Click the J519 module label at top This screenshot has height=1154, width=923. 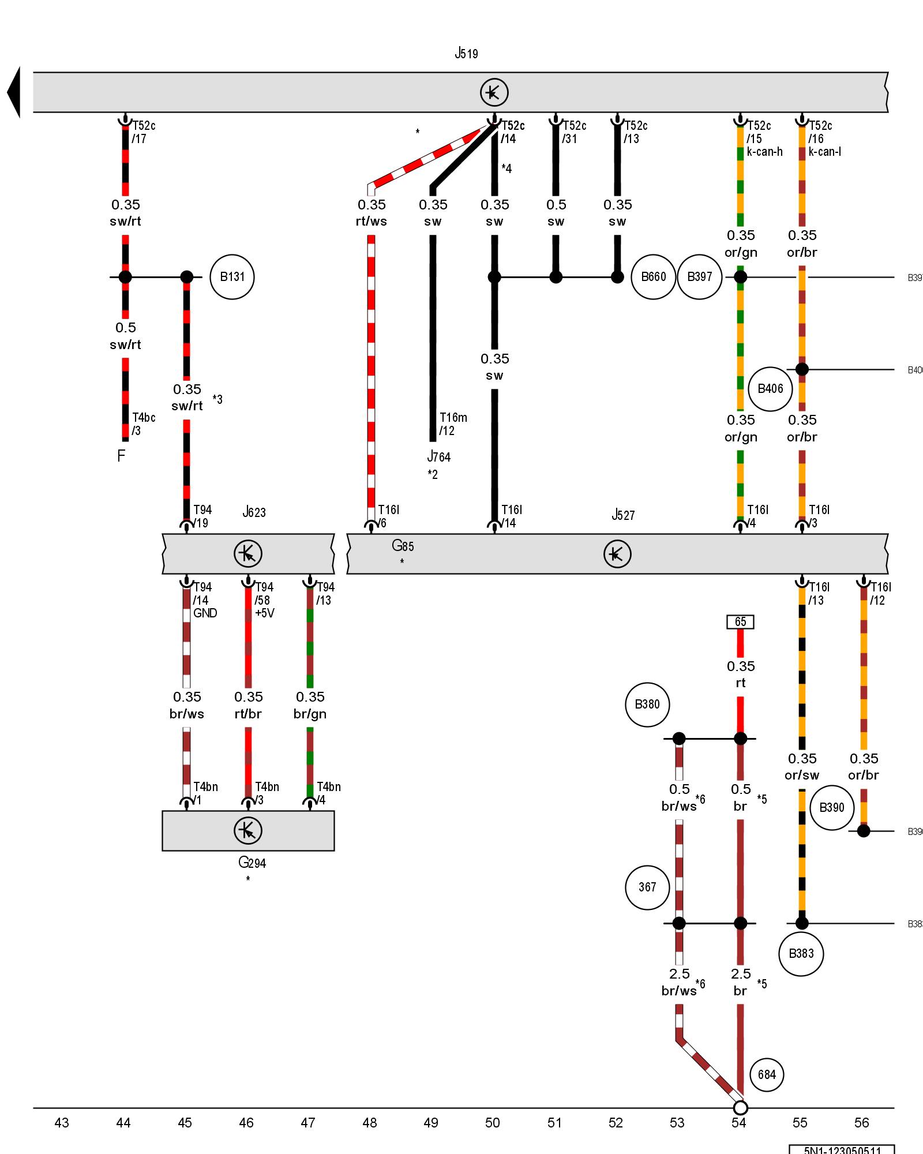(x=466, y=54)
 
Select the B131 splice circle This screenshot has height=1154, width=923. (x=232, y=277)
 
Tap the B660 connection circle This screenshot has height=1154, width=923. (x=653, y=277)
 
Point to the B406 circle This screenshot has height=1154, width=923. (x=770, y=389)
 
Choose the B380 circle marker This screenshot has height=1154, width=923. (x=647, y=705)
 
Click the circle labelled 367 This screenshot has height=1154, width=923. (x=647, y=887)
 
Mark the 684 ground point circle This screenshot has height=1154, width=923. (x=767, y=1074)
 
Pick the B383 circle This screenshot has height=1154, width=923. (x=801, y=954)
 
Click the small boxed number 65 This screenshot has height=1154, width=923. (x=740, y=621)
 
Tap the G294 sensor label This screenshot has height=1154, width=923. (x=252, y=863)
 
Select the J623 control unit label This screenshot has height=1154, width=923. (x=254, y=512)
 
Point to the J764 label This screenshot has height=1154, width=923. (x=438, y=457)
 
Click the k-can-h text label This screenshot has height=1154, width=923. (x=764, y=152)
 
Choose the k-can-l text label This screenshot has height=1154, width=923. (x=824, y=152)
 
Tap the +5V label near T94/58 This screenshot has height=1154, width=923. (x=265, y=613)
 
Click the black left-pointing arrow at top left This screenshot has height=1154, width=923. (x=14, y=92)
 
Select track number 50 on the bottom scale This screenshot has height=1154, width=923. (x=492, y=1122)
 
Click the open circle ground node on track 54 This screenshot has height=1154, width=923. (x=740, y=1108)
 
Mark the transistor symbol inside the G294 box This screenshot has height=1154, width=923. (x=248, y=830)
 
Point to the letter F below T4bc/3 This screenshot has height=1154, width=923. (x=121, y=456)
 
